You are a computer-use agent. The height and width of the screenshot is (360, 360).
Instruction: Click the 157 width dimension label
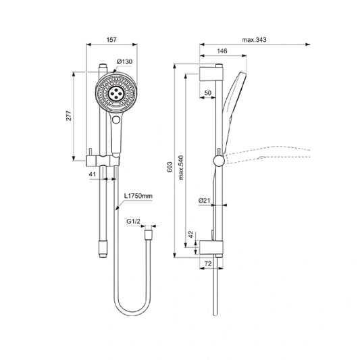(111, 40)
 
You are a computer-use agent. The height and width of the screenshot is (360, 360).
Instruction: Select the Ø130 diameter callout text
(124, 61)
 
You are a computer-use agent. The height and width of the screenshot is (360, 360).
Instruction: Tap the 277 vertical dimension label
(69, 115)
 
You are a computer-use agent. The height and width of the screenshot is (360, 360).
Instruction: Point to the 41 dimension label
(93, 174)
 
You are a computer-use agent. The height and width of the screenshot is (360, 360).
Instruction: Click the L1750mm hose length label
(138, 196)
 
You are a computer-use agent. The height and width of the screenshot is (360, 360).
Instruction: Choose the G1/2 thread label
(133, 222)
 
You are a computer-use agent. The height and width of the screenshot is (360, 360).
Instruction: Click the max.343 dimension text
(254, 40)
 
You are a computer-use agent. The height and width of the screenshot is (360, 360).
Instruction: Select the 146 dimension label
(222, 51)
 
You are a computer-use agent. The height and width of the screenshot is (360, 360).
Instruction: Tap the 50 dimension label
(207, 93)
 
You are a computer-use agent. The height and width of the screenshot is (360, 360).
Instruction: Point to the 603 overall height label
(170, 167)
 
